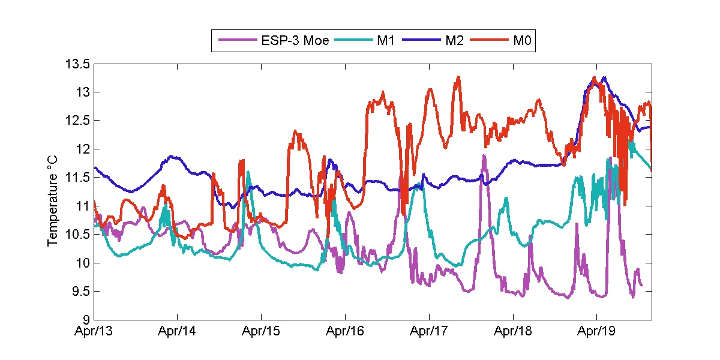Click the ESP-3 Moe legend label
(295, 41)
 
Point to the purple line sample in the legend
(238, 41)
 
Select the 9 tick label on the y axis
(86, 319)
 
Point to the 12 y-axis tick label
(83, 149)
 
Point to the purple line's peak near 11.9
(484, 155)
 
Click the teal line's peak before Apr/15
(248, 172)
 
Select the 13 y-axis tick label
(83, 92)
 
